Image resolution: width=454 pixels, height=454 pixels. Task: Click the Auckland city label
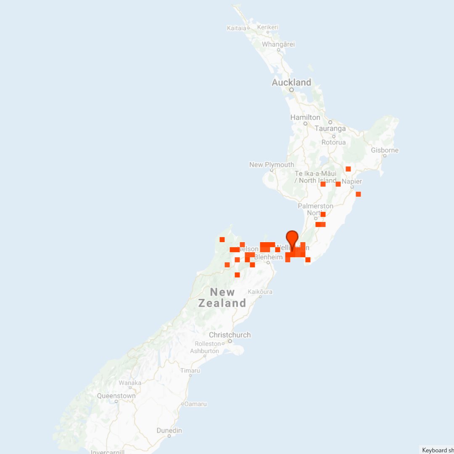point(291,82)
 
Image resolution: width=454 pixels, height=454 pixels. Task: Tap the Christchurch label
point(230,335)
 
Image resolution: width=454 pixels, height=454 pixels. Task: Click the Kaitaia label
point(236,28)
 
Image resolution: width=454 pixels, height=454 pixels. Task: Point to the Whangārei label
point(278,44)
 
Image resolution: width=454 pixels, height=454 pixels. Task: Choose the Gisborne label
point(385,150)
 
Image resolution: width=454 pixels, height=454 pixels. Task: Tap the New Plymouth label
point(272,165)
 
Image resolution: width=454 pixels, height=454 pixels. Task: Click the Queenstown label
point(116,396)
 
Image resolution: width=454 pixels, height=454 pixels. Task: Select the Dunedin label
point(169,430)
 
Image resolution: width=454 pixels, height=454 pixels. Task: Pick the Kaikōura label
point(260,291)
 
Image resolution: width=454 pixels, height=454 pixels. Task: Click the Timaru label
point(190,370)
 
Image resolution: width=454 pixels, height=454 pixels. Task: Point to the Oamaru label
point(195,404)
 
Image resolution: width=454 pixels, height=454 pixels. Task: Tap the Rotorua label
point(333,142)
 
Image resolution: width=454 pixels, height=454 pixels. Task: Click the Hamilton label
point(305,117)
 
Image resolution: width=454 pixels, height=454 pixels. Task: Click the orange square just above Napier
point(348,169)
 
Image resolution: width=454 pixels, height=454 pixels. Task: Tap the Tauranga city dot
point(330,122)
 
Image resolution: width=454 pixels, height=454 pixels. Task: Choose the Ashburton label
point(204,351)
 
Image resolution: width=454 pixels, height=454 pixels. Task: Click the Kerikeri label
point(268,27)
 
